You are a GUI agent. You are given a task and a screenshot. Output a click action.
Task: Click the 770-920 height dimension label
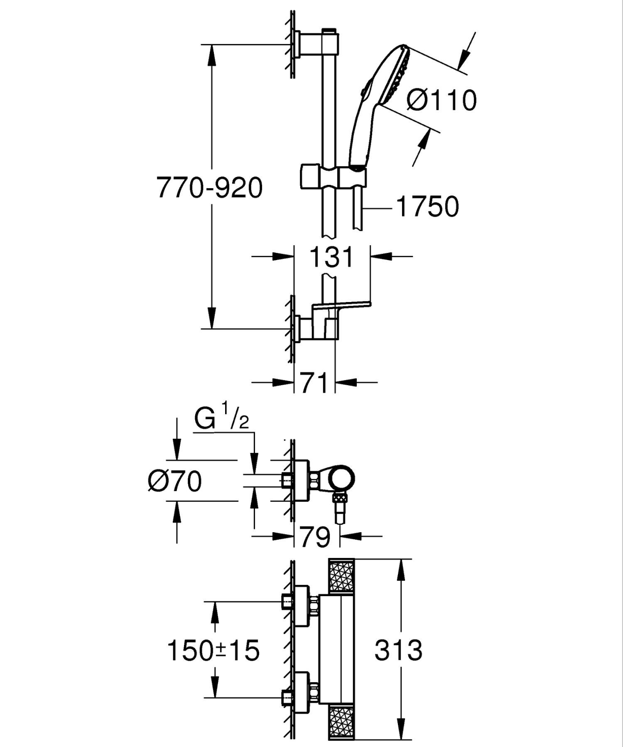click(x=209, y=188)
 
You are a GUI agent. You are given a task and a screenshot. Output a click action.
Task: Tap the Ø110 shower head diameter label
click(x=441, y=100)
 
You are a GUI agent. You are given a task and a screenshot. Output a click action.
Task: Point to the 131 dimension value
click(x=332, y=257)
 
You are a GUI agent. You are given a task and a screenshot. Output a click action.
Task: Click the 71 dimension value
click(x=314, y=383)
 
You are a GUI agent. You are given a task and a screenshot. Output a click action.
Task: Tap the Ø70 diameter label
click(x=175, y=480)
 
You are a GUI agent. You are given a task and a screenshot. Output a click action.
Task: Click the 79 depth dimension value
click(x=315, y=537)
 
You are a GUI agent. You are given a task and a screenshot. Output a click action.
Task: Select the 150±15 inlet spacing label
click(x=213, y=650)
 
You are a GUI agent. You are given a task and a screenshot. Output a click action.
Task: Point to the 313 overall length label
click(x=398, y=649)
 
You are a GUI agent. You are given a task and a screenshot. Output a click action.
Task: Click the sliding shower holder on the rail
click(x=333, y=176)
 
